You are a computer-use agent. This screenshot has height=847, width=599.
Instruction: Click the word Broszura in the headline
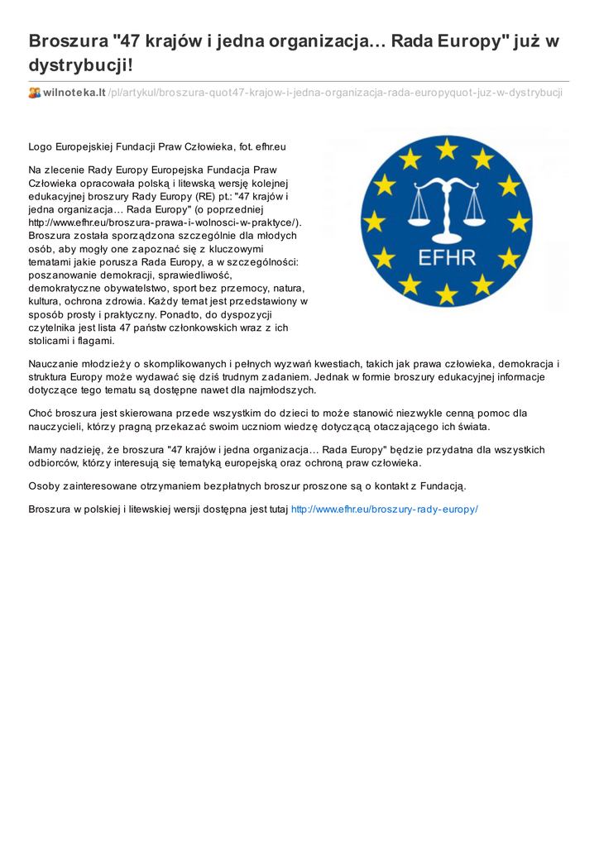pos(67,41)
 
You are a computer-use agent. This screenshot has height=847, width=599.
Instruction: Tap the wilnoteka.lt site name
pos(74,93)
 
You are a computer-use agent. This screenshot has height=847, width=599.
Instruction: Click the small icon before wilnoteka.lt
pos(35,93)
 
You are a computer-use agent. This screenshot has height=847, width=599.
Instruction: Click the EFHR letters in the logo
pos(447,257)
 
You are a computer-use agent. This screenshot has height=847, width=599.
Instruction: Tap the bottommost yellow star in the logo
pos(447,293)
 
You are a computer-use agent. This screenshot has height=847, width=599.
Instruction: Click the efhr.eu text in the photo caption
pos(271,147)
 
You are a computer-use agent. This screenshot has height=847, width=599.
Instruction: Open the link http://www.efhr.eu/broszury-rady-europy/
pos(385,510)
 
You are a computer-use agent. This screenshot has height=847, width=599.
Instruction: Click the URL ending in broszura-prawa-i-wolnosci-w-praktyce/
pos(165,223)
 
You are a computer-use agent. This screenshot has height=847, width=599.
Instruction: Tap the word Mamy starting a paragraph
pos(42,450)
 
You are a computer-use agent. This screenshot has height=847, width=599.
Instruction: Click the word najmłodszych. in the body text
pos(282,390)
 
